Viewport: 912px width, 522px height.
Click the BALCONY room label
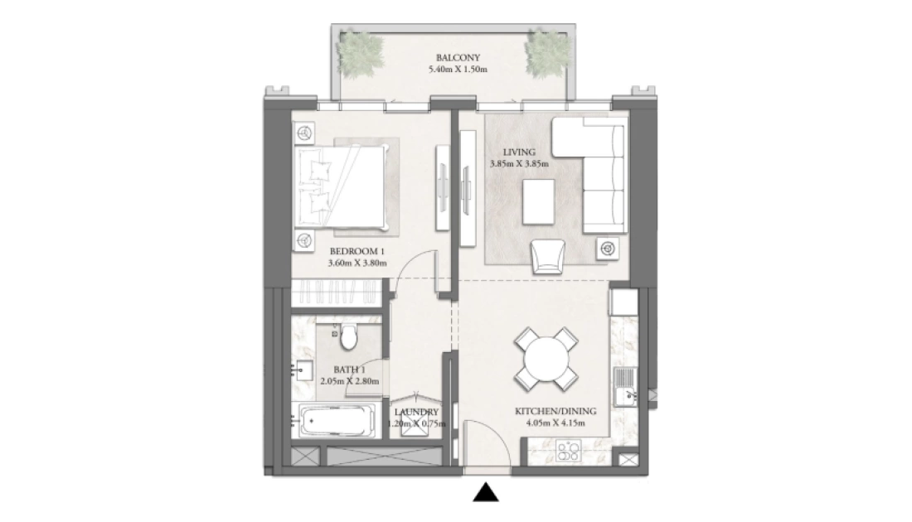[x=458, y=57]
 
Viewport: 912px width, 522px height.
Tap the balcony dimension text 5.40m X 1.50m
[x=458, y=69]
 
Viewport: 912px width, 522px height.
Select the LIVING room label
[x=519, y=152]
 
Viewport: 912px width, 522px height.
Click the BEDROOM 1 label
[x=357, y=252]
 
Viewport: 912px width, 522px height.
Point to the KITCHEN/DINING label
[x=555, y=412]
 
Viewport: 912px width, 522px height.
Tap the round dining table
[x=546, y=360]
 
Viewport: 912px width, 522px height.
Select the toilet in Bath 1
[x=348, y=337]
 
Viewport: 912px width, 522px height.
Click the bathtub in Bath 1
[x=334, y=420]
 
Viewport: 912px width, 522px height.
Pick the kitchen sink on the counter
[x=626, y=387]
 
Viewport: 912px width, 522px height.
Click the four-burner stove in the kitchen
[x=568, y=451]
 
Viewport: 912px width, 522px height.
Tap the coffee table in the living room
[x=538, y=201]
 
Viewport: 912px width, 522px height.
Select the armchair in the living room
[x=547, y=256]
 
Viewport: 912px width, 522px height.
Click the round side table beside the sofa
[x=607, y=249]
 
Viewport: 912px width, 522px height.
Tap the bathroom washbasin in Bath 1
[x=303, y=370]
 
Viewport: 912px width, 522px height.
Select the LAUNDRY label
[x=416, y=413]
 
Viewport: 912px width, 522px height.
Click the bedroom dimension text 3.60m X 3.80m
[x=357, y=263]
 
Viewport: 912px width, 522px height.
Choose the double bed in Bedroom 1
[x=342, y=186]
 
